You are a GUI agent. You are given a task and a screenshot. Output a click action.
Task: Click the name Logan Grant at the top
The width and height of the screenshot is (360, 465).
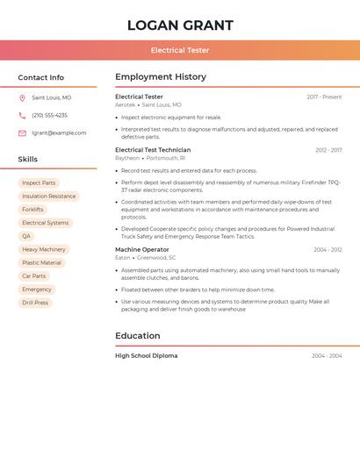180,25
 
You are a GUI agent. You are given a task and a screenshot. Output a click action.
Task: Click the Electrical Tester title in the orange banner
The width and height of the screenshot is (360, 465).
180,50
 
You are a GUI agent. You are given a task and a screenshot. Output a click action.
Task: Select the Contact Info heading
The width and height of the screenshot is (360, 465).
41,77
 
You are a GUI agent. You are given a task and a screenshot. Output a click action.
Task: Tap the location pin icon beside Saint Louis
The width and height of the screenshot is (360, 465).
22,98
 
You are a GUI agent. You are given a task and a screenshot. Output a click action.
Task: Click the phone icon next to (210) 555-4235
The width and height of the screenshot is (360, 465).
22,115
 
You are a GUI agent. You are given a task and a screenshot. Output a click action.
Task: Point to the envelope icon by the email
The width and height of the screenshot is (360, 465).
22,133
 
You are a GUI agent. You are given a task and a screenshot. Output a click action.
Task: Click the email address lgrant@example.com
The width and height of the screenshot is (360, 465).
59,133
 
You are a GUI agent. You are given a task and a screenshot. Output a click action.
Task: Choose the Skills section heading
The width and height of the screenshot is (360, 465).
28,160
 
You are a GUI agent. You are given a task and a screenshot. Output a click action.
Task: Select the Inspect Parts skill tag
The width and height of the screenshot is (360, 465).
39,183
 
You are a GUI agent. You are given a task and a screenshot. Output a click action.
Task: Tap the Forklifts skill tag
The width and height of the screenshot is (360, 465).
32,210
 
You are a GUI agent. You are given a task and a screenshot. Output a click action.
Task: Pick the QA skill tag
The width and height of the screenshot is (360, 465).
26,236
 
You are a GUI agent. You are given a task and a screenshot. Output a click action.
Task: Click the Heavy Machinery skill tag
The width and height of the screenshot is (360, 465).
44,249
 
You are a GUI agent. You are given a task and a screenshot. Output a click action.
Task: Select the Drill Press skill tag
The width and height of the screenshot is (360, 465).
35,303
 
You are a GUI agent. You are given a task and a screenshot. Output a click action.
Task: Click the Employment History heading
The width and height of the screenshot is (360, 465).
161,77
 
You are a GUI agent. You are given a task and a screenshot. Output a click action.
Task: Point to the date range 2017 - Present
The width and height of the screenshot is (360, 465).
324,97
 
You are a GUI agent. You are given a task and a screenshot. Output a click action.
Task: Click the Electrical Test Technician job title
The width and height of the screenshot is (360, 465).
153,150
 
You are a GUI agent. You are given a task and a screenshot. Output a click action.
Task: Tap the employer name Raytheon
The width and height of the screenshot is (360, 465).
127,158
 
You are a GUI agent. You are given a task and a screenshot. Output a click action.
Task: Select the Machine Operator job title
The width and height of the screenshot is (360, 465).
142,249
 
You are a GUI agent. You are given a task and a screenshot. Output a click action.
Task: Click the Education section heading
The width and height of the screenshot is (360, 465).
138,335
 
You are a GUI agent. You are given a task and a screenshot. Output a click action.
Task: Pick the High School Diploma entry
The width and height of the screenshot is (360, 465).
147,355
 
